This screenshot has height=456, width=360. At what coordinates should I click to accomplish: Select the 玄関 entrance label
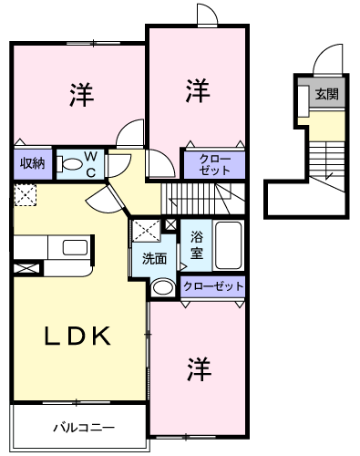click(325, 94)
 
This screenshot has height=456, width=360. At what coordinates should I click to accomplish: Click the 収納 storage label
click(32, 163)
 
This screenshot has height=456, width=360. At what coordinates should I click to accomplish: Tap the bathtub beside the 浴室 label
click(228, 244)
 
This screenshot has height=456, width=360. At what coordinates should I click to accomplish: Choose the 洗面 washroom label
click(153, 258)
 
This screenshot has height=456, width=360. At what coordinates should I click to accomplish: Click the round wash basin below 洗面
click(163, 287)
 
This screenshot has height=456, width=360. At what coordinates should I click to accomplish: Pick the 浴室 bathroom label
click(196, 244)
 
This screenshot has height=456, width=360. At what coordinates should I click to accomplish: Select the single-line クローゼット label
click(213, 286)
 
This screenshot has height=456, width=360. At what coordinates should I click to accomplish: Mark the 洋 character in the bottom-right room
click(199, 368)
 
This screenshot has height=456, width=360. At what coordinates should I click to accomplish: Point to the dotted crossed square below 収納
click(25, 195)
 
